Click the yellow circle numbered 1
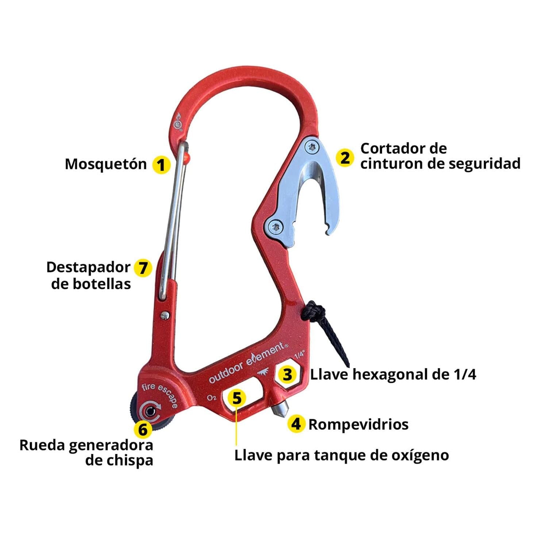[x=161, y=165]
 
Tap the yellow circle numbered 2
[x=345, y=158]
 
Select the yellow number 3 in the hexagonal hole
[x=288, y=374]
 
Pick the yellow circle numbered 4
[x=296, y=424]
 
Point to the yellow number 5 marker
[x=237, y=398]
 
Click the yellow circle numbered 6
[x=143, y=429]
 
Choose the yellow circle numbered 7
[x=143, y=268]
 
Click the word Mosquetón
[x=106, y=164]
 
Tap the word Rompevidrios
[x=358, y=424]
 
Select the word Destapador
[x=88, y=267]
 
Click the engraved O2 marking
[x=212, y=397]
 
